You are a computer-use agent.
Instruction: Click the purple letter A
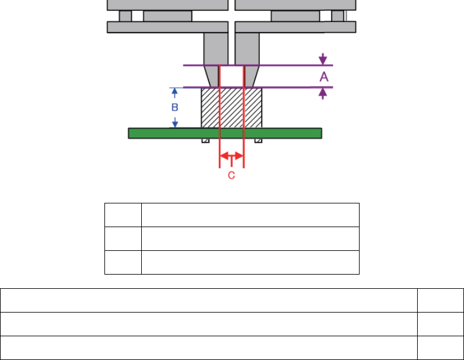tap(324, 77)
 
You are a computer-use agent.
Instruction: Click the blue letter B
tap(175, 107)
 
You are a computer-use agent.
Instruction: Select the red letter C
tap(231, 176)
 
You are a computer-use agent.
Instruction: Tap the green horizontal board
tap(225, 133)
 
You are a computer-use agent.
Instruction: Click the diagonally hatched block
tap(231, 108)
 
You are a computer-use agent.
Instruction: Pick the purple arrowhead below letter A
tap(323, 92)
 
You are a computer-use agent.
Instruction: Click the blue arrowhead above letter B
tap(175, 91)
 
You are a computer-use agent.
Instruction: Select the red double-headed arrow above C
tap(232, 155)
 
